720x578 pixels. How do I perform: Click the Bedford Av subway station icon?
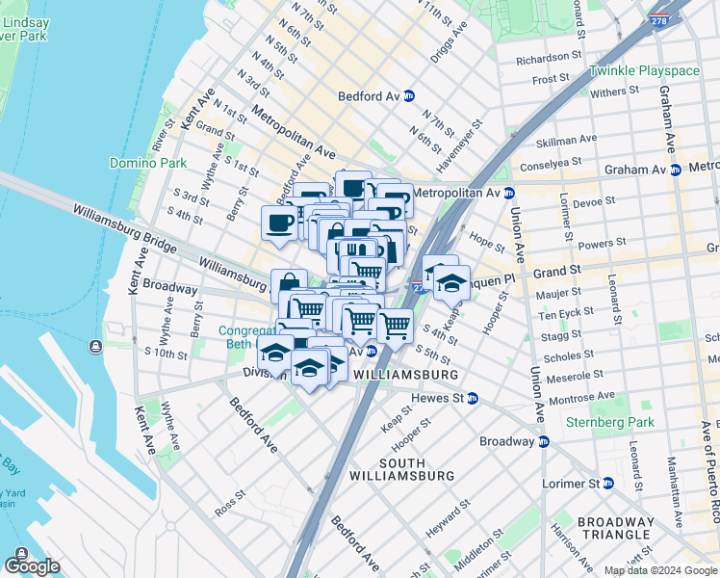click(x=409, y=96)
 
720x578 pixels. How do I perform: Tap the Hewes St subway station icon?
click(x=473, y=398)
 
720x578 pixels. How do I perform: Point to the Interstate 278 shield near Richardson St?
click(x=658, y=20)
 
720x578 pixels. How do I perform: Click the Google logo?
click(x=32, y=565)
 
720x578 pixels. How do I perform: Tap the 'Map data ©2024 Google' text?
click(x=660, y=570)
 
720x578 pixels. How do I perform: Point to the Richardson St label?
click(x=550, y=59)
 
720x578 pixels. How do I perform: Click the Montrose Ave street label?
click(x=580, y=396)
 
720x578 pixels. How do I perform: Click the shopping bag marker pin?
click(x=289, y=285)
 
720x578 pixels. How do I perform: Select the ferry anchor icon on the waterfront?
click(x=94, y=347)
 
